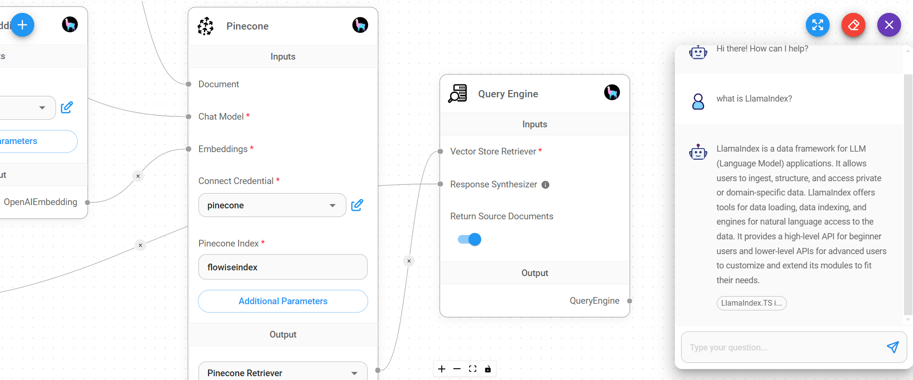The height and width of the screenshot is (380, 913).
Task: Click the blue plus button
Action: (22, 25)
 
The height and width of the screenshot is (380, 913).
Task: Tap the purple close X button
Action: (889, 25)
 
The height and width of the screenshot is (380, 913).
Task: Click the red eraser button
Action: (853, 25)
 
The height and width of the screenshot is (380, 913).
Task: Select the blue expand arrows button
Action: (817, 25)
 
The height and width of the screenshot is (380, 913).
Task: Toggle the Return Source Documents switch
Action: (470, 239)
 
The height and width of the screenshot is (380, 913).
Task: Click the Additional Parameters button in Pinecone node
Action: (283, 301)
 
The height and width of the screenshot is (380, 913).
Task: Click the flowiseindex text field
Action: (283, 267)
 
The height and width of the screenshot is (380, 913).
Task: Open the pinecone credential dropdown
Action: (272, 205)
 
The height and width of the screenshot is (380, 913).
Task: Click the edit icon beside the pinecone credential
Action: (357, 205)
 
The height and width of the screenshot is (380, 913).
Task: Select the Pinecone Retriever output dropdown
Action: (282, 373)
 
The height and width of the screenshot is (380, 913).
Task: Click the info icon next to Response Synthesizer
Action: (545, 185)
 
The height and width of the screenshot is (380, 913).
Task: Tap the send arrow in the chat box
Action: (893, 347)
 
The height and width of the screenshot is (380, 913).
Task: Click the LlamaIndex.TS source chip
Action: (751, 303)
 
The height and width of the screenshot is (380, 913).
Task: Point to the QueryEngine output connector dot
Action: (630, 301)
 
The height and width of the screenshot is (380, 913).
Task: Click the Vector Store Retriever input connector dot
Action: (441, 152)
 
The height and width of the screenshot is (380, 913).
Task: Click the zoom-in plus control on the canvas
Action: (442, 369)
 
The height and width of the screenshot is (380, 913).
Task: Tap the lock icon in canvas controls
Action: (488, 369)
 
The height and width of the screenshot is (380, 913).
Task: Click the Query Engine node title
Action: (508, 94)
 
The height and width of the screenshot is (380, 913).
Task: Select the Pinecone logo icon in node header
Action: (206, 26)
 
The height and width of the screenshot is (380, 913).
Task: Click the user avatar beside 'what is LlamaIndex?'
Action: (698, 101)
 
